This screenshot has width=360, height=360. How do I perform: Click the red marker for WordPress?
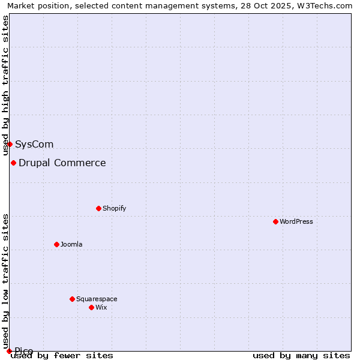click(275, 221)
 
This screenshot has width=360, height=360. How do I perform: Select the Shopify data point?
click(98, 208)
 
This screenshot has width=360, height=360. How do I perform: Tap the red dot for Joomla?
click(56, 244)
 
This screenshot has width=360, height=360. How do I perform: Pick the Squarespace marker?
click(72, 299)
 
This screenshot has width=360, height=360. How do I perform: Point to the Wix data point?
click(91, 307)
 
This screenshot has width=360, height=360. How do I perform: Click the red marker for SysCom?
click(10, 144)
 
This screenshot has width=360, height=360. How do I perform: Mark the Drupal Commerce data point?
click(13, 163)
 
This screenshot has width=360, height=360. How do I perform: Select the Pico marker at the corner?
click(9, 351)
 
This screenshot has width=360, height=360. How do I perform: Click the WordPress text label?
click(296, 221)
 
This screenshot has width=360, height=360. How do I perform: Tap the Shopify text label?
click(114, 208)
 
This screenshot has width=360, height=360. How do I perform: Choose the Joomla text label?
click(71, 244)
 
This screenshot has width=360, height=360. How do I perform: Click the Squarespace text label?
click(97, 299)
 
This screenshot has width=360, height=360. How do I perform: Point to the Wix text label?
click(101, 307)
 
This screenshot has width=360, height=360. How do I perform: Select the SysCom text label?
click(34, 144)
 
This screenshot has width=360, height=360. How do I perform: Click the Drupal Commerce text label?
click(62, 163)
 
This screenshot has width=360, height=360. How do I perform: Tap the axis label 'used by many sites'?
click(301, 355)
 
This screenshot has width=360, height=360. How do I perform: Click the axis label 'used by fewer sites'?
click(62, 355)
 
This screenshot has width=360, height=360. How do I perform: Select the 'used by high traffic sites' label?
click(5, 85)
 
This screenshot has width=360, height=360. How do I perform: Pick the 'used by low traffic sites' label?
click(5, 277)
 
